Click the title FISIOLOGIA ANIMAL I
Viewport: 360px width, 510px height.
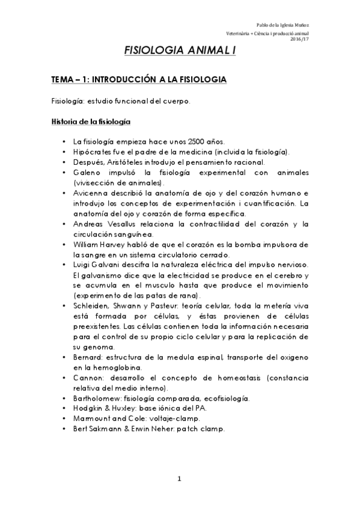(x=180, y=52)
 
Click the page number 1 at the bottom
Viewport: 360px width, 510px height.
(x=179, y=479)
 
